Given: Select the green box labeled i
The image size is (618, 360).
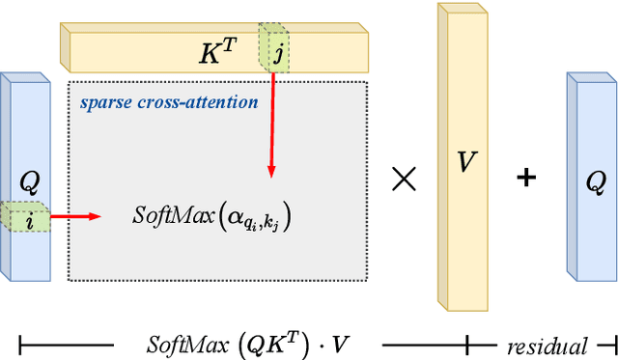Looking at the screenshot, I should click(29, 218).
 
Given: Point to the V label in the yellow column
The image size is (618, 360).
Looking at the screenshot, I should click(467, 162).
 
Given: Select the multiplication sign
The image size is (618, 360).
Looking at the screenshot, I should click(404, 178).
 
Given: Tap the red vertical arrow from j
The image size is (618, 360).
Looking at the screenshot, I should click(272, 125).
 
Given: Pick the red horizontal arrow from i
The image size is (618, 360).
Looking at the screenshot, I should click(75, 216).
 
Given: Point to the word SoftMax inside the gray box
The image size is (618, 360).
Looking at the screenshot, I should click(165, 215).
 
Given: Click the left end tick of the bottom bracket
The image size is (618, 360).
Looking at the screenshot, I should click(20, 344).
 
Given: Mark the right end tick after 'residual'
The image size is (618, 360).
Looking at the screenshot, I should click(612, 344).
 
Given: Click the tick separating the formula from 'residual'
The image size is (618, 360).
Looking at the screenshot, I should click(467, 344).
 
